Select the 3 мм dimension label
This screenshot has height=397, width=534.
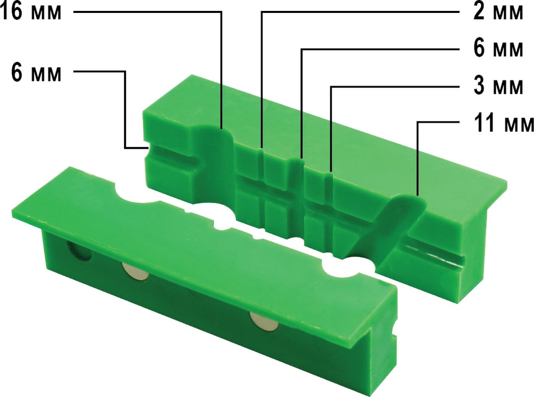coord(498,85)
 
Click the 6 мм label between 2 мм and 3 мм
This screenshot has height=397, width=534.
coord(498,49)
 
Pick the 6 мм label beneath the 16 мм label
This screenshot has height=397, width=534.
coord(36,72)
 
